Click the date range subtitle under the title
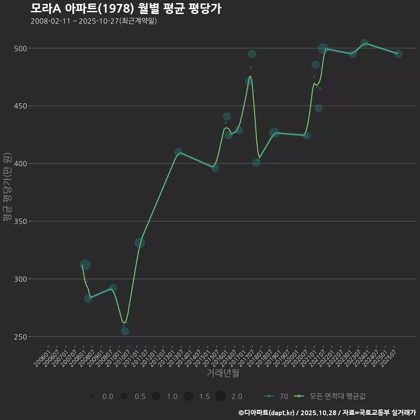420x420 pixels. coord(94,21)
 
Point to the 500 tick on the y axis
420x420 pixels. coord(21,48)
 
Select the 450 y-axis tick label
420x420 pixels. coord(21,106)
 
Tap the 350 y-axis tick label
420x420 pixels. coord(21,221)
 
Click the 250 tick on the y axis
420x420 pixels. coord(21,337)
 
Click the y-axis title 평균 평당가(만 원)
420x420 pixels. coord(7,187)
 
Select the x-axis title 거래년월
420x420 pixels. coord(223,373)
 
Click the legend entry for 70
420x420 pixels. coord(276,396)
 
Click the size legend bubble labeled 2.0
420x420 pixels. coord(220,396)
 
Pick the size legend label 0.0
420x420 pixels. coord(108,396)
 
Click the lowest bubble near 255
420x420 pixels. coord(125,331)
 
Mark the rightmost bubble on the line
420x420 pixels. coord(398,54)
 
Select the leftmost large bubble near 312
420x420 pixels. coord(85,265)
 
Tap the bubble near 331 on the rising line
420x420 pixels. coord(140,243)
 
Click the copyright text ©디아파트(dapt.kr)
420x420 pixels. coord(267,413)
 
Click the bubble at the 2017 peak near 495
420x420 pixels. coord(252,54)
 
